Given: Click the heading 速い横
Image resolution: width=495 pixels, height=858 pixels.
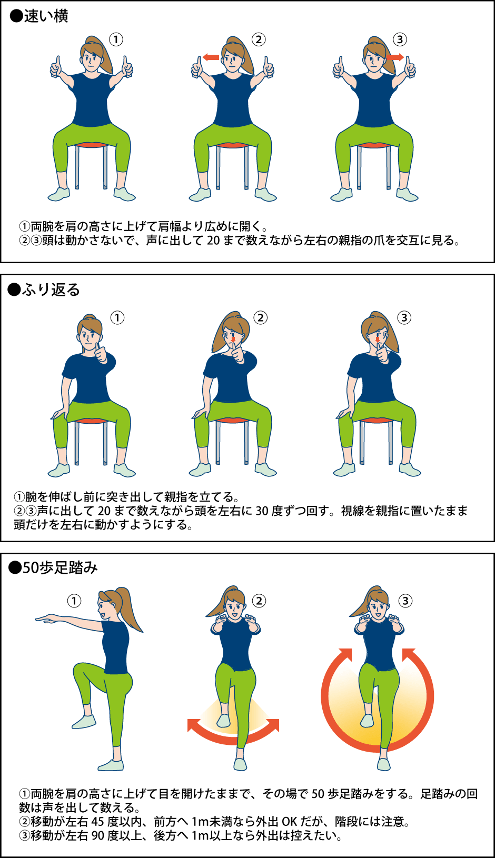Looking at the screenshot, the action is coord(46,16).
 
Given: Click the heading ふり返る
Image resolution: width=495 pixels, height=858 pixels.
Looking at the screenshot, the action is coord(51,290).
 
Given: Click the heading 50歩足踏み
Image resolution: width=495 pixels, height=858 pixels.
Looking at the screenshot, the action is coord(60,568).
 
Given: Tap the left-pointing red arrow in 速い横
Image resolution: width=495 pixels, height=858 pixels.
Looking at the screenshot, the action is coord(211,57).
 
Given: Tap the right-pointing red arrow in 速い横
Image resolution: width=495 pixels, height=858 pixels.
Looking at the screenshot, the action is coord(395,57).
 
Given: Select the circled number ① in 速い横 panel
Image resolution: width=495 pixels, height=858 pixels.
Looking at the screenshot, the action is coord(116,39).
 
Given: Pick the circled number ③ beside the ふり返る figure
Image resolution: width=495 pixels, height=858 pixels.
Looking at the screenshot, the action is coord(404,317).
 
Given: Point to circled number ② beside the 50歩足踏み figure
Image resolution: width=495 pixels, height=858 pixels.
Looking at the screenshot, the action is coord(259,601).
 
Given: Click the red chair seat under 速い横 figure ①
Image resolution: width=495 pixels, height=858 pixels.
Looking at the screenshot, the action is coord(91,145).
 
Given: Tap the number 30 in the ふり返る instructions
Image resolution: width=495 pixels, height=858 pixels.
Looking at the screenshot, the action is coord(262,511).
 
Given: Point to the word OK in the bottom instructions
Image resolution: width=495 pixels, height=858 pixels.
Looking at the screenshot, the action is coord(290,822).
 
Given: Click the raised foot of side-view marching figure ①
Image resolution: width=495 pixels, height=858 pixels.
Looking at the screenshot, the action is coord(84,722).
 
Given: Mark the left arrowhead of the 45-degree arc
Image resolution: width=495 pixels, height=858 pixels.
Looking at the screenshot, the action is coord(193,725).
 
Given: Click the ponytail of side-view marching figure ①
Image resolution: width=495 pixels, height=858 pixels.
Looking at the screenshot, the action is coord(130,609).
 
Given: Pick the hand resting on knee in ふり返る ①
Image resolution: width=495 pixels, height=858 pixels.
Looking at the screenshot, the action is coord(60,413).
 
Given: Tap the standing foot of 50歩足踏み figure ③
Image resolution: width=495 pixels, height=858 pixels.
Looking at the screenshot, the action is coord(383,764).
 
